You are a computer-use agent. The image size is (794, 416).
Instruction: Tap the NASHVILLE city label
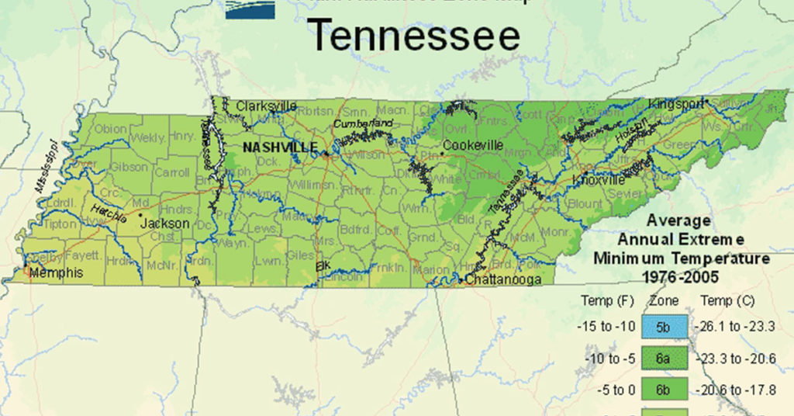point(279,147)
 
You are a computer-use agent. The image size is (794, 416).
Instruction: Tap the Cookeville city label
point(473,145)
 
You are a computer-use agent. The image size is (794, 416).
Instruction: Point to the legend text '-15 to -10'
point(602,327)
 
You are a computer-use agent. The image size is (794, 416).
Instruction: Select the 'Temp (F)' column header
point(602,300)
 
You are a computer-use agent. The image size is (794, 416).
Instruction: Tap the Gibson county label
point(128,167)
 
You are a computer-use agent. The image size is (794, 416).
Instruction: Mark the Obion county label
point(112,129)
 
